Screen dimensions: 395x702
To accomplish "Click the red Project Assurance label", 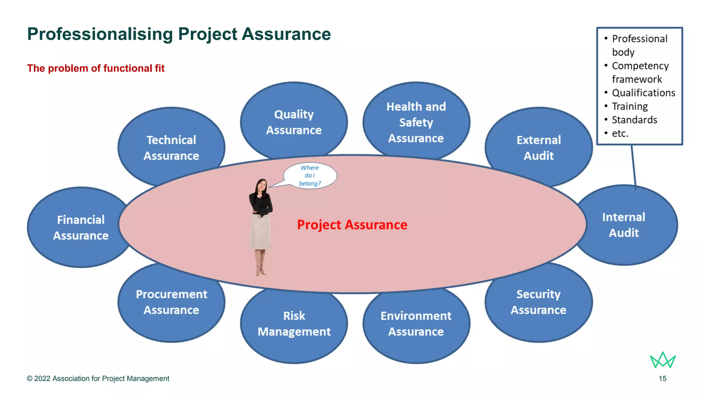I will click(x=352, y=225).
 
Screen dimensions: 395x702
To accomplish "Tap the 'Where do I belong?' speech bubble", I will click(x=310, y=176).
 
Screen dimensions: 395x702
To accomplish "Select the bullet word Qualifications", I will click(x=643, y=93).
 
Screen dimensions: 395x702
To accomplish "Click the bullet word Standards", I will click(x=634, y=120).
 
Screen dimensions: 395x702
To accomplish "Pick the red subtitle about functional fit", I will click(x=96, y=68).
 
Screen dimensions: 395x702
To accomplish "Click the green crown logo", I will click(x=663, y=360).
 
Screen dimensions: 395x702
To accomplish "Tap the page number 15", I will click(x=662, y=379).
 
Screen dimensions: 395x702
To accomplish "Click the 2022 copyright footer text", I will click(x=98, y=379).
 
